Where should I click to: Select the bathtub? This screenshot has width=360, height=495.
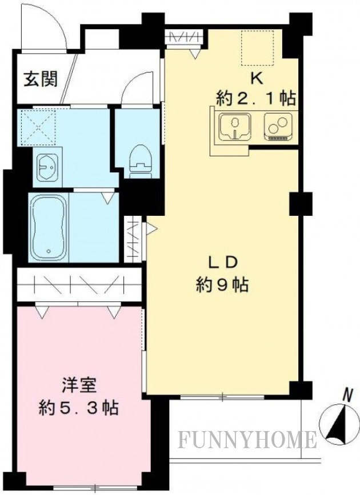pyautogui.click(x=49, y=227)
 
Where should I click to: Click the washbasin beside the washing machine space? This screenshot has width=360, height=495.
pyautogui.click(x=47, y=168)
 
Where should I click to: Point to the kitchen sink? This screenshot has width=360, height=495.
pyautogui.click(x=235, y=126)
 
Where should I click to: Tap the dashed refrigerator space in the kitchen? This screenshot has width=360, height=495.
pyautogui.click(x=258, y=48)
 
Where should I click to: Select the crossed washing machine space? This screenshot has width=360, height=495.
pyautogui.click(x=37, y=127)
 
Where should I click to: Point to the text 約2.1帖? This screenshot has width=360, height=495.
pyautogui.click(x=256, y=99)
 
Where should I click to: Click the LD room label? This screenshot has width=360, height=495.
pyautogui.click(x=222, y=262)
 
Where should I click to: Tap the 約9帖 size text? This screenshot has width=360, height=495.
pyautogui.click(x=222, y=284)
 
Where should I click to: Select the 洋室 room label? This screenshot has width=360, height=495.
pyautogui.click(x=79, y=385)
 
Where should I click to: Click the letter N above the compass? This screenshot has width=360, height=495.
pyautogui.click(x=348, y=396)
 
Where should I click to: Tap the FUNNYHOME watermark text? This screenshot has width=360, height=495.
pyautogui.click(x=247, y=440)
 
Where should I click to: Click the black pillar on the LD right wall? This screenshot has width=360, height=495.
pyautogui.click(x=301, y=204)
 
